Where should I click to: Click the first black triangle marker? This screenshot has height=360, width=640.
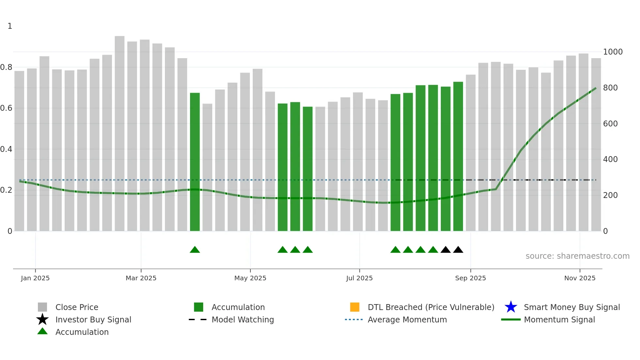445,250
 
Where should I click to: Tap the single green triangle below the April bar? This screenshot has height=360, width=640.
195,250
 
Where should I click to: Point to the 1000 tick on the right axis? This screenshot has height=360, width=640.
613,52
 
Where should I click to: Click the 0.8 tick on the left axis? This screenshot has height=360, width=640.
7,67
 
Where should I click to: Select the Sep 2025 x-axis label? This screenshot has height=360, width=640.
470,278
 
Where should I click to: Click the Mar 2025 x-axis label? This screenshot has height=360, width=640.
141,278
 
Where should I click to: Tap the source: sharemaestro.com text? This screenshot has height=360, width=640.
577,256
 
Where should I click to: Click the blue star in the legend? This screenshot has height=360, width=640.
511,307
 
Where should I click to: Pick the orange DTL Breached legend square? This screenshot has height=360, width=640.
355,307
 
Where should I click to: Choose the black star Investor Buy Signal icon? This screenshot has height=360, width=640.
42,319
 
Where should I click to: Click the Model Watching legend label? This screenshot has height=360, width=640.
243,319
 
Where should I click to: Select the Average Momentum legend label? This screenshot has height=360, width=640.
407,319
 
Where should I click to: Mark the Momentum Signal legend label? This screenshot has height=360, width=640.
559,319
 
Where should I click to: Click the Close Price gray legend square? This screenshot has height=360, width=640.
42,307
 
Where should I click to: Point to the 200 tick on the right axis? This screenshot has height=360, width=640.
610,195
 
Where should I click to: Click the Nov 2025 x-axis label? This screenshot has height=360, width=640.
580,278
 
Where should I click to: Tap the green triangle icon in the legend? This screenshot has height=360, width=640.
42,331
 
